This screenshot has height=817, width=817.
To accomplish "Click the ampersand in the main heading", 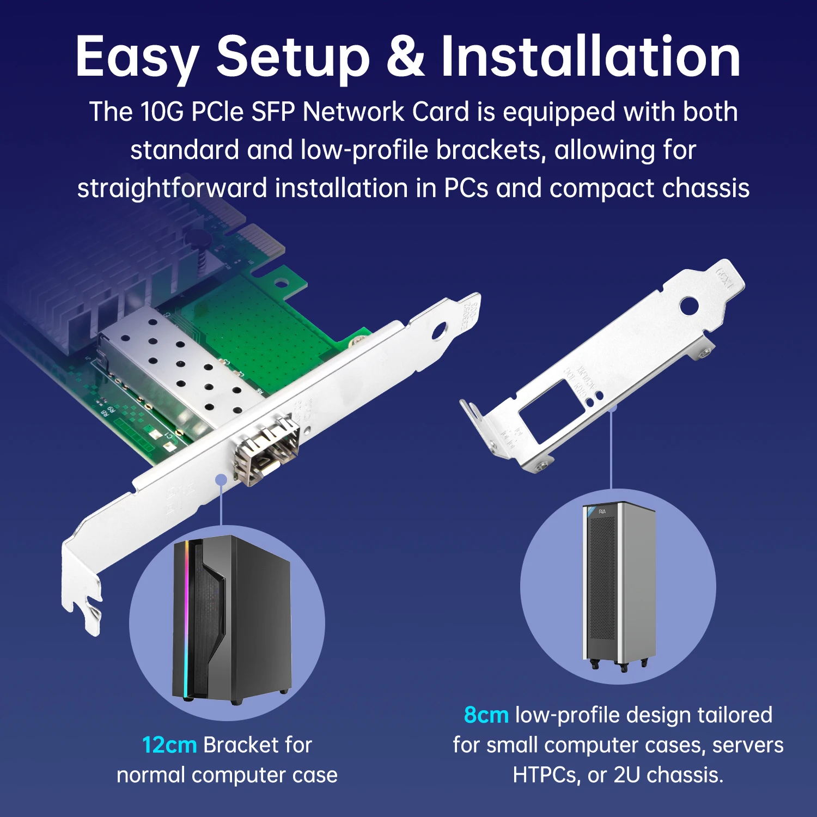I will point(405,56).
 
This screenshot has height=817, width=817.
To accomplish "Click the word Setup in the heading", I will point(292,56).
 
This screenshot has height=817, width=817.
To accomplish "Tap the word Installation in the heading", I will point(590,56).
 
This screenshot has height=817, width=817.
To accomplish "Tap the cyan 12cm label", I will point(169,745).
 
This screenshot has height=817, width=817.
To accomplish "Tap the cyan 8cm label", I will point(486,715).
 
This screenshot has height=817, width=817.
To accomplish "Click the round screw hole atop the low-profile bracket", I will point(689,305).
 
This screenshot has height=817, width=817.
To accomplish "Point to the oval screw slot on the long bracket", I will point(438,331).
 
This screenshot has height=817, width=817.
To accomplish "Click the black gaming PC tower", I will point(231,618).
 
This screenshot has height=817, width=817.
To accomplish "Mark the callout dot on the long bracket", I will point(221,479).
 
